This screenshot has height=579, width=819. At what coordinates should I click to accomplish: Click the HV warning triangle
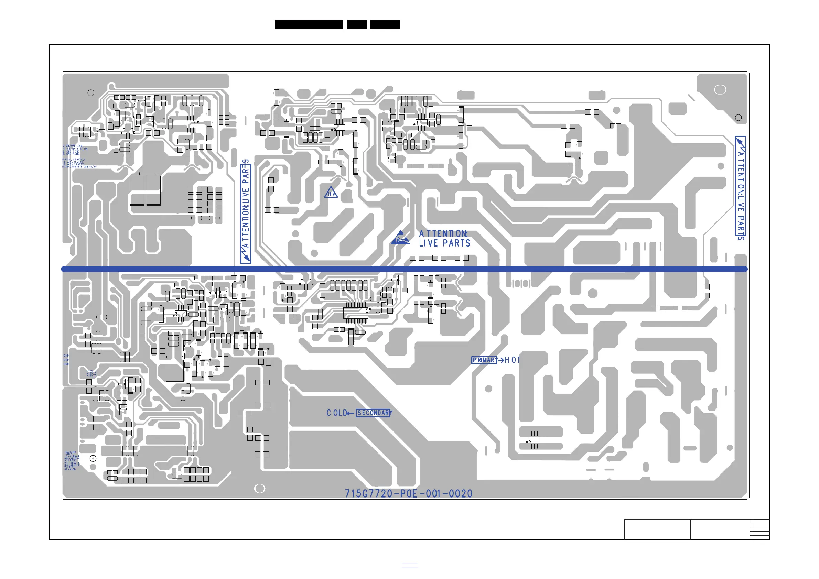(331, 193)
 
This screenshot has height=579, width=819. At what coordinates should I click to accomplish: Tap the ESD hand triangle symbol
(400, 238)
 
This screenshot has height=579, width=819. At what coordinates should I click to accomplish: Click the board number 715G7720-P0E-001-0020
(408, 493)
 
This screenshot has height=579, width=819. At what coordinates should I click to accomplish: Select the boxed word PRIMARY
(484, 360)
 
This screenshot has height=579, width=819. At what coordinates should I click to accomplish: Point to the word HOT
(513, 360)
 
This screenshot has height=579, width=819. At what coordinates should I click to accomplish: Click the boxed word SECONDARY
(373, 413)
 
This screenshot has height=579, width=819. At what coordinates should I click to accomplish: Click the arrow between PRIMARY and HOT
(501, 360)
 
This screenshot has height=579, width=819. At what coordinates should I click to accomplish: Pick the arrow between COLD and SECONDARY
(350, 413)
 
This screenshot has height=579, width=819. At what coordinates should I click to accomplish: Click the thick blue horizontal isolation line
(405, 269)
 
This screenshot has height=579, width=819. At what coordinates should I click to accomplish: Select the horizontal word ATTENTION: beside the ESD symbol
(443, 233)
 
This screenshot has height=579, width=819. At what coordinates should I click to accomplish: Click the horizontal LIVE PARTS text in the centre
(444, 243)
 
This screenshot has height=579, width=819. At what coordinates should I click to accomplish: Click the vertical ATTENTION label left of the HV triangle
(246, 213)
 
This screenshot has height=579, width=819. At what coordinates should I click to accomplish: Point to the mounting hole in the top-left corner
(91, 93)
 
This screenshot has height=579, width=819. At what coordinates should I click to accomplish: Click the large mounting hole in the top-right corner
(720, 89)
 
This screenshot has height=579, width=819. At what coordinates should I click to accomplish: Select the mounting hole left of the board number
(259, 489)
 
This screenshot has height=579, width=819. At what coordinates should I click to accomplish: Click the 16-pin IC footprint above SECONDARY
(356, 313)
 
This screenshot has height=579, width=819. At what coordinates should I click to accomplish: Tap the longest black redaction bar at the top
(309, 24)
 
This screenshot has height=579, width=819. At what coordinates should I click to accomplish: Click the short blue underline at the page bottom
(410, 567)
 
